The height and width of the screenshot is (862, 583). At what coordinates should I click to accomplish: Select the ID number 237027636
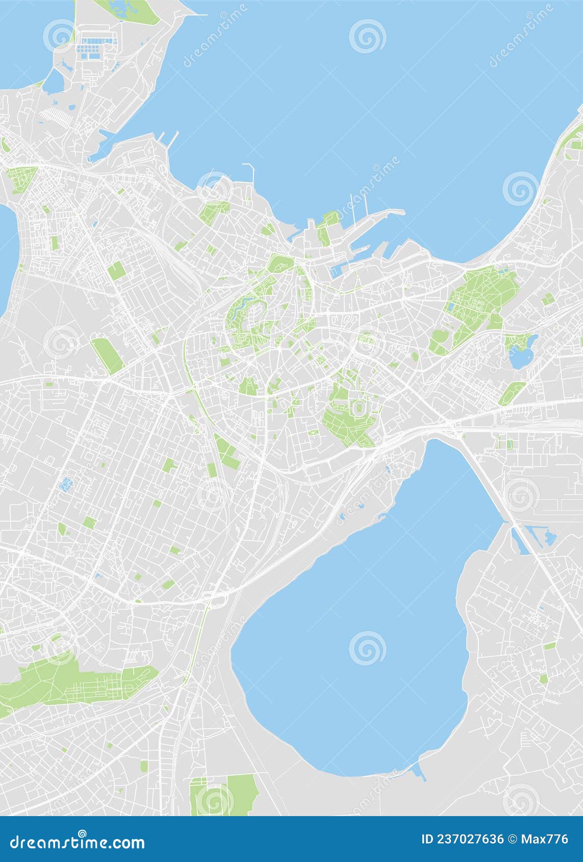click(463, 840)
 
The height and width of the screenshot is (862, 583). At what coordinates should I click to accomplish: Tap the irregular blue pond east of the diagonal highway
click(549, 537)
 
